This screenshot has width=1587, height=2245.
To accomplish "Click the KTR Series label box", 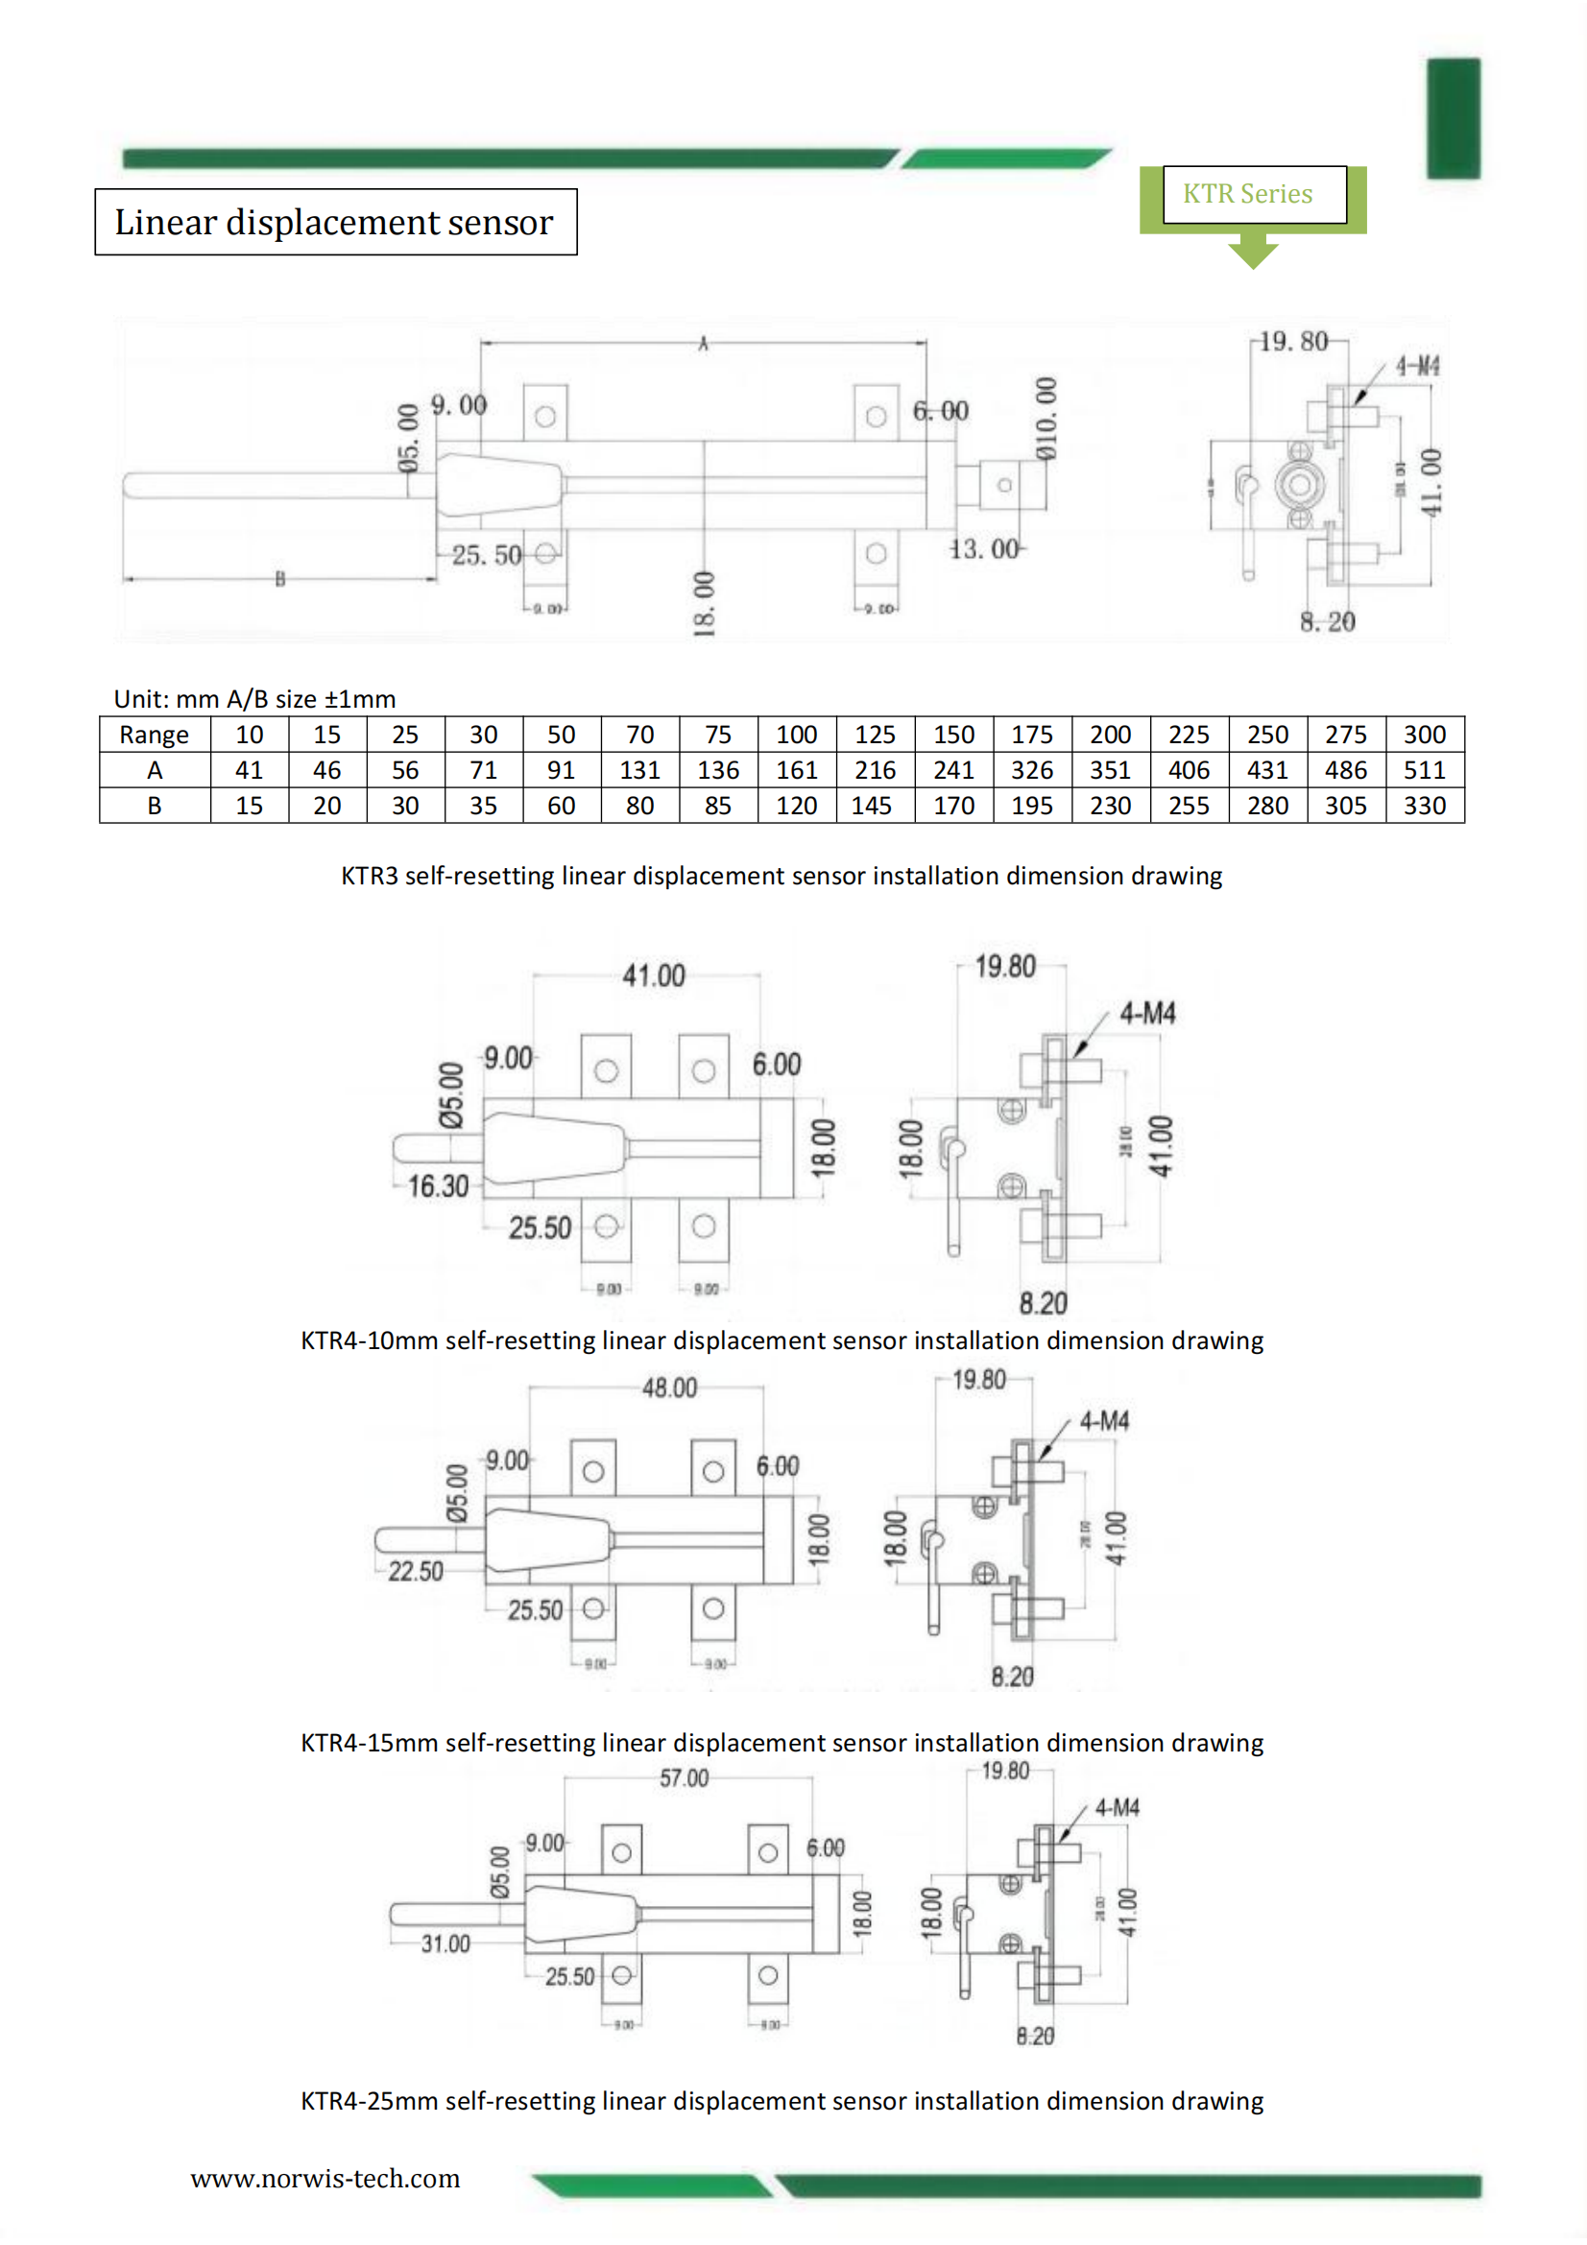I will (1253, 195).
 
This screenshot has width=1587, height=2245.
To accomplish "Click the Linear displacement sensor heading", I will (334, 222).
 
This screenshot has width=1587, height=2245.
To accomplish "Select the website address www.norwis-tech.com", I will (325, 2179).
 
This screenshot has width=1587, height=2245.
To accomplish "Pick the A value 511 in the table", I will (1424, 770).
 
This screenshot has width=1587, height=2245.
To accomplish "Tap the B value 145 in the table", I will (872, 806).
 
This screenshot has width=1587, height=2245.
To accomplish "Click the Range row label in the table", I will (154, 736).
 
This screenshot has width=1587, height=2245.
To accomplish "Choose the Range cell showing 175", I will (1032, 736).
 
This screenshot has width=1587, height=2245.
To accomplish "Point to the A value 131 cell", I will (639, 770).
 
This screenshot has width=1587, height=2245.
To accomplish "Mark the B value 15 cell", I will (249, 806).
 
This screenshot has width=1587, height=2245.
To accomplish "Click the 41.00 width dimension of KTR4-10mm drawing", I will (653, 976).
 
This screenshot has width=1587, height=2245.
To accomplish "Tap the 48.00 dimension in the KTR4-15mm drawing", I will (669, 1388).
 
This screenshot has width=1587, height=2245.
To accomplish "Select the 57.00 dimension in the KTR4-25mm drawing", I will (684, 1778).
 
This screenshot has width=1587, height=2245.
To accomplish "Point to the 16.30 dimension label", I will (438, 1187).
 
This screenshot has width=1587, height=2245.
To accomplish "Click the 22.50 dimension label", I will (416, 1571).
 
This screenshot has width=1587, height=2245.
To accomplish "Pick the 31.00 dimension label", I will (445, 1943).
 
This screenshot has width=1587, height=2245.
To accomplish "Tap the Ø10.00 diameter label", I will (1046, 419).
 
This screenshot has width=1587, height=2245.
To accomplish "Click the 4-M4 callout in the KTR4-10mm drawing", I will (1147, 1013).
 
